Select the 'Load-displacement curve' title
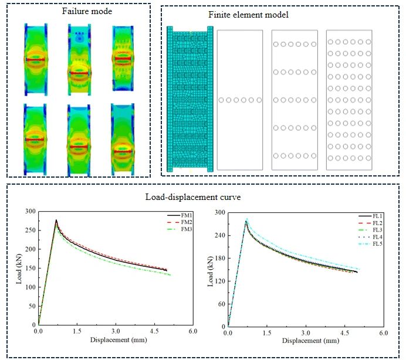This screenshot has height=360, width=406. [x=194, y=196]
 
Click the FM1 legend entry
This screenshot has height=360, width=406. [x=179, y=216]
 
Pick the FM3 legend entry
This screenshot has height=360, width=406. [x=179, y=229]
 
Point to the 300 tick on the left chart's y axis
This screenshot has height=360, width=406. [x=31, y=212]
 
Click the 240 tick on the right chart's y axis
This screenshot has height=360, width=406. [x=220, y=235]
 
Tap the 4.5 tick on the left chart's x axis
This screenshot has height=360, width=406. [x=154, y=332]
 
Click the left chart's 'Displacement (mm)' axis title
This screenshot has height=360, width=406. [x=116, y=339]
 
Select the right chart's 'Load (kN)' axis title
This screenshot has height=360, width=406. [x=211, y=270]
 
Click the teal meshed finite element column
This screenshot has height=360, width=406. [x=190, y=99]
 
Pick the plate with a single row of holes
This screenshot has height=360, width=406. [x=239, y=100]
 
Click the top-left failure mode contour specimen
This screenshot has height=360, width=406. [x=35, y=59]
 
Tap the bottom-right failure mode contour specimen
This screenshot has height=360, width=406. [x=121, y=138]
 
